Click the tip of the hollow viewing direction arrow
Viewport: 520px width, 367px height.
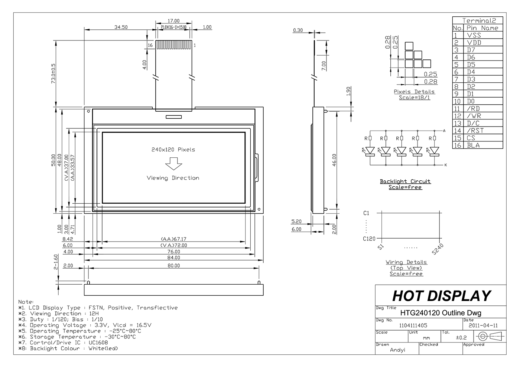(174, 170)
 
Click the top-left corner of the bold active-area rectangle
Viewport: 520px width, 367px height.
(103, 132)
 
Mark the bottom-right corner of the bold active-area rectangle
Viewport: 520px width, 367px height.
(245, 203)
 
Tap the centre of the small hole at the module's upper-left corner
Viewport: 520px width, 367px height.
(88, 111)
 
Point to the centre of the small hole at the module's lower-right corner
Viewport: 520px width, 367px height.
(259, 209)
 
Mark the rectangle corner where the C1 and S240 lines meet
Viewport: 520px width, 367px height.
(439, 213)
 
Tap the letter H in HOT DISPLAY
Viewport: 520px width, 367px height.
(399, 296)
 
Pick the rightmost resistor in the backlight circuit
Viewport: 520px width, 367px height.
(435, 138)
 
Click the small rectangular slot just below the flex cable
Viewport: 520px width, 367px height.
(174, 117)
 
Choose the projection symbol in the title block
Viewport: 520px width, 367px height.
(490, 336)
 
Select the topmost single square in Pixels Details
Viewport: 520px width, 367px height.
(409, 46)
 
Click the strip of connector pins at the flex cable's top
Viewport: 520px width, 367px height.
(174, 45)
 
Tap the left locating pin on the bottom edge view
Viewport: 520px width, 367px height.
(88, 282)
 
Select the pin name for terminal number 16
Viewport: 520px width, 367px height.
(473, 145)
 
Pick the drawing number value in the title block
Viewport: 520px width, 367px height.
(413, 325)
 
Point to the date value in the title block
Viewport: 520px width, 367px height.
(483, 325)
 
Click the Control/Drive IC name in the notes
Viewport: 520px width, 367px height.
(98, 343)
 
